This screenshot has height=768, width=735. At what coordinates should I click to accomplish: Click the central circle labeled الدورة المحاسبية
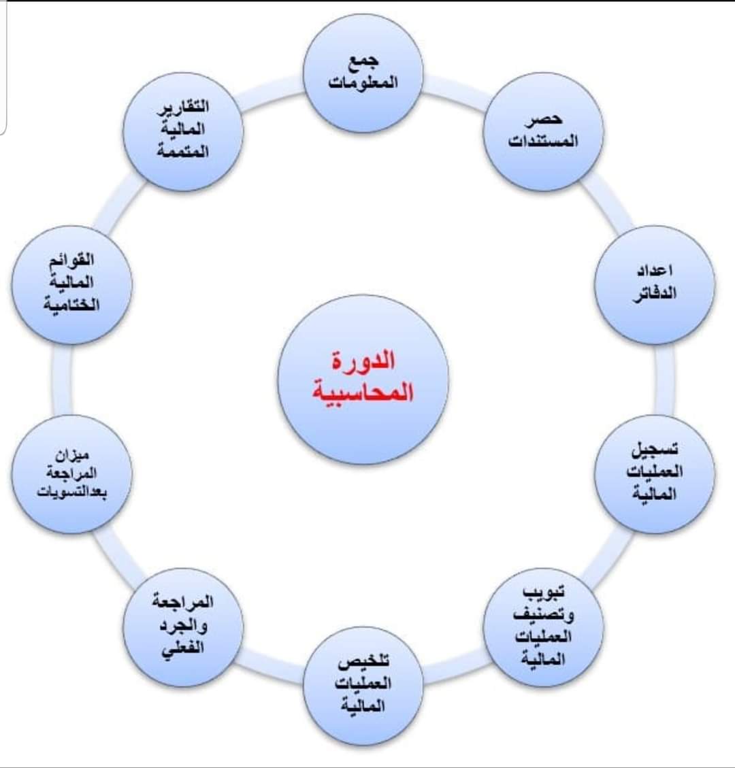tap(363, 379)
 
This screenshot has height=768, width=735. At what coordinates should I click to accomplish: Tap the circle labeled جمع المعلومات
tap(363, 72)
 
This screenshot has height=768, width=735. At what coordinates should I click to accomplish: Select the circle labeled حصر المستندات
tap(543, 131)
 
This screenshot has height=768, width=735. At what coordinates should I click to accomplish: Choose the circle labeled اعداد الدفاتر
tap(655, 284)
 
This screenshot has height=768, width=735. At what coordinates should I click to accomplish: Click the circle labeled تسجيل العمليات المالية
tap(655, 473)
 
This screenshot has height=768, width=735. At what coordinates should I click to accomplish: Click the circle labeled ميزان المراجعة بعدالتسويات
tap(71, 473)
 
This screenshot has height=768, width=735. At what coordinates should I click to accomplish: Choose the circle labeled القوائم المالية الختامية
tap(71, 284)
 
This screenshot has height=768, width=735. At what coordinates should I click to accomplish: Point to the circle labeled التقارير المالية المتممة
tap(182, 130)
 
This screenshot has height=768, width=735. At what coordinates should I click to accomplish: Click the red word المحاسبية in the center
tap(363, 393)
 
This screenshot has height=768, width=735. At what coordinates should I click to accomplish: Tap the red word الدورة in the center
tap(363, 361)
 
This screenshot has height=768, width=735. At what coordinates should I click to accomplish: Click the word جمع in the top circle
tap(363, 62)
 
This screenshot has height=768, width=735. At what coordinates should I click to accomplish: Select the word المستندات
tap(543, 141)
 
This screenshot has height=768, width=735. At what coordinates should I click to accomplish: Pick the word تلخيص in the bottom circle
tap(363, 662)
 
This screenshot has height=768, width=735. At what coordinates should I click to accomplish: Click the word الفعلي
tap(182, 648)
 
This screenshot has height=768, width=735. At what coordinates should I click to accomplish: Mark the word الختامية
tap(71, 305)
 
